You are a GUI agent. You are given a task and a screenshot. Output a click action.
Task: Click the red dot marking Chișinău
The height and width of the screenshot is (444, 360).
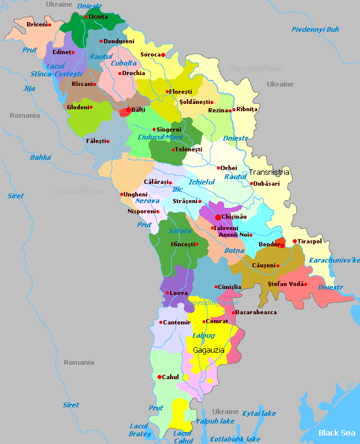click(217, 217)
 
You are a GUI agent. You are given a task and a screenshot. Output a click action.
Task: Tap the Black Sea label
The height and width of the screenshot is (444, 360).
click(337, 433)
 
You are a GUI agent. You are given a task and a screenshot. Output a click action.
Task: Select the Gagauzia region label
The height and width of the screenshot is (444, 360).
click(209, 349)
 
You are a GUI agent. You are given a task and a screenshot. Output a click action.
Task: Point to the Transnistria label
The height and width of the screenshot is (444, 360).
click(269, 172)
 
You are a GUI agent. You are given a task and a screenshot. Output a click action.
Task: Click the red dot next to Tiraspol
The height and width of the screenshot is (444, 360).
click(294, 242)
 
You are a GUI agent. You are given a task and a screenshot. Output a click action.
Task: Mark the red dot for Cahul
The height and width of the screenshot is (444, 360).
click(159, 377)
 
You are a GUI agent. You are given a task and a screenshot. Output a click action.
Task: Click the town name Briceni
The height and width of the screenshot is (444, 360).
click(36, 25)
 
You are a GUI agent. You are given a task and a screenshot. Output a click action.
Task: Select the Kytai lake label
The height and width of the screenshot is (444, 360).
click(258, 413)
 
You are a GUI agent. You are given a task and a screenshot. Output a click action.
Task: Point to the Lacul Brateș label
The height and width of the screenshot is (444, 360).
click(139, 430)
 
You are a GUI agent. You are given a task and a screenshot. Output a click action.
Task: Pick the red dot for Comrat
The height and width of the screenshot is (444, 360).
click(204, 321)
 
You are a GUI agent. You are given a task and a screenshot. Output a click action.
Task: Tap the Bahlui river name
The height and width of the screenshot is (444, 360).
click(41, 157)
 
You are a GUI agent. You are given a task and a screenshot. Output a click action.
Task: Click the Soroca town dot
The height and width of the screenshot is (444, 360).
click(163, 55)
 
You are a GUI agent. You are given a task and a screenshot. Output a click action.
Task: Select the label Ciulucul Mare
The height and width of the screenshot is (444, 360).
click(160, 137)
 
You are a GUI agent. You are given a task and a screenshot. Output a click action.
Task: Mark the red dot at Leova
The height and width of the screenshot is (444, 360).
click(166, 293)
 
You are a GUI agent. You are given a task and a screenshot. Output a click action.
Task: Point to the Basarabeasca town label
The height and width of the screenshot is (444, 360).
click(256, 312)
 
